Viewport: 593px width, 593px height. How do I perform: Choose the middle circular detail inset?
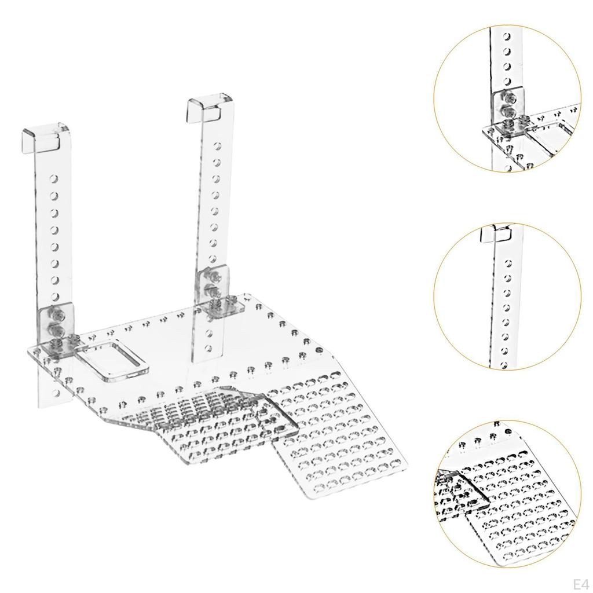click(x=507, y=296)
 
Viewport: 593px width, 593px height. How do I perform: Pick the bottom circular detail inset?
click(x=507, y=496)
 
